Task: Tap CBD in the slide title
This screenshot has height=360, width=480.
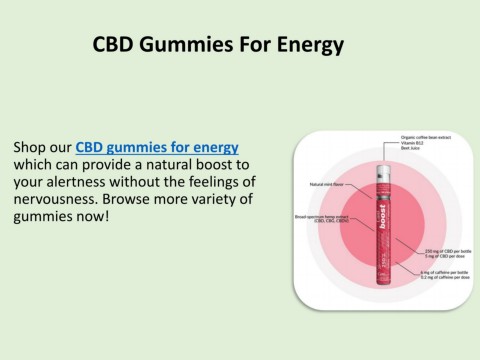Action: [x=112, y=45]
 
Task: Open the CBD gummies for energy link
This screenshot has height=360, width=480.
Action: [x=157, y=147]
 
